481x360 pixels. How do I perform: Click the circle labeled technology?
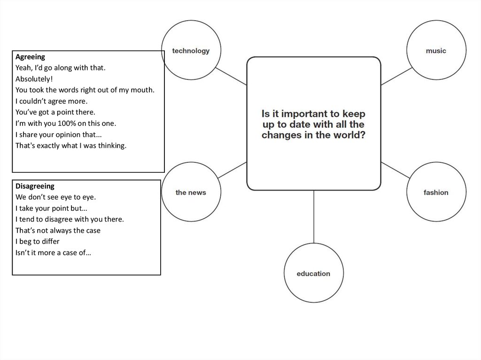click(x=191, y=21)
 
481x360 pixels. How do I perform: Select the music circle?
click(x=436, y=21)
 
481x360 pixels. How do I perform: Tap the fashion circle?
click(x=436, y=162)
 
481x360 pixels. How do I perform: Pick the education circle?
click(x=313, y=244)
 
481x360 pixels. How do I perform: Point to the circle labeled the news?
click(x=191, y=162)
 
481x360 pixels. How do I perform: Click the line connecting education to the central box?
click(x=313, y=216)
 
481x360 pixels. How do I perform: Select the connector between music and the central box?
click(x=396, y=77)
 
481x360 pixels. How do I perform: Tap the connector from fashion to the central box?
click(x=396, y=170)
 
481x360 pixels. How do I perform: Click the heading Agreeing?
click(x=30, y=57)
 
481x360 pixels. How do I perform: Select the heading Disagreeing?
click(x=35, y=186)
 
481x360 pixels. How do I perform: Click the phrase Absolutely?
click(x=34, y=79)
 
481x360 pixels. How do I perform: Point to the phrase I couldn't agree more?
click(x=52, y=101)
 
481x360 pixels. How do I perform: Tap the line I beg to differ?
click(x=38, y=242)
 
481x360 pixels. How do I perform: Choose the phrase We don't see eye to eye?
click(x=55, y=197)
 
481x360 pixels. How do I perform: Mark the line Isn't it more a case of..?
click(x=53, y=253)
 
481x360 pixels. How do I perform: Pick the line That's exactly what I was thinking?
click(x=71, y=146)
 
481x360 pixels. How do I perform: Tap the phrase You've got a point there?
click(x=55, y=112)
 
